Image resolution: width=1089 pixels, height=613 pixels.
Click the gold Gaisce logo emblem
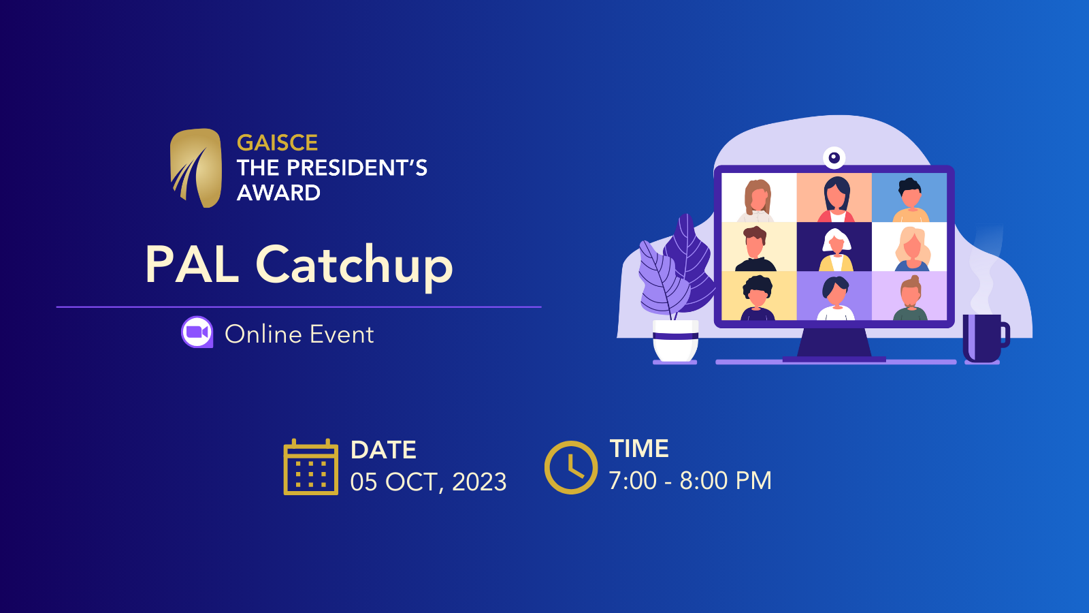(x=196, y=168)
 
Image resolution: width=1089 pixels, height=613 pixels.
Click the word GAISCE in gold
(x=277, y=143)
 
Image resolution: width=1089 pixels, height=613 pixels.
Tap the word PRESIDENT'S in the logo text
(x=357, y=168)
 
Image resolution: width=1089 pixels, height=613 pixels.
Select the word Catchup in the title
(x=355, y=266)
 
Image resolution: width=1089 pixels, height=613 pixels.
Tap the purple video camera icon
(x=197, y=332)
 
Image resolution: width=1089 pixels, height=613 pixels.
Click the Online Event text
(x=299, y=334)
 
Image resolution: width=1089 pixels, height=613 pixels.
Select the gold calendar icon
(x=310, y=467)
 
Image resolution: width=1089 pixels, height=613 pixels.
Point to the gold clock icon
(x=571, y=467)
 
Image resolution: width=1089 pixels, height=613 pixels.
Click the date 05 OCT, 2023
(x=428, y=482)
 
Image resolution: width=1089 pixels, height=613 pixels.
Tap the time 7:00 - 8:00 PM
(x=690, y=481)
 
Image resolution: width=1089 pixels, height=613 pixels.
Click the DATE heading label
(x=383, y=450)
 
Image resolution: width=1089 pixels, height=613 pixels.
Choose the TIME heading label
(x=639, y=449)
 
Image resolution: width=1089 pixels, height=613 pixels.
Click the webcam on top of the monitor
(x=834, y=157)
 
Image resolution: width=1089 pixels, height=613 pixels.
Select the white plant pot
(x=675, y=341)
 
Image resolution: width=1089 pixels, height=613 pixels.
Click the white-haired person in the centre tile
(x=835, y=249)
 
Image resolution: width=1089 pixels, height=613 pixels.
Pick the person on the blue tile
(x=910, y=200)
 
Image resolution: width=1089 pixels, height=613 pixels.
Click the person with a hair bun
(x=910, y=298)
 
